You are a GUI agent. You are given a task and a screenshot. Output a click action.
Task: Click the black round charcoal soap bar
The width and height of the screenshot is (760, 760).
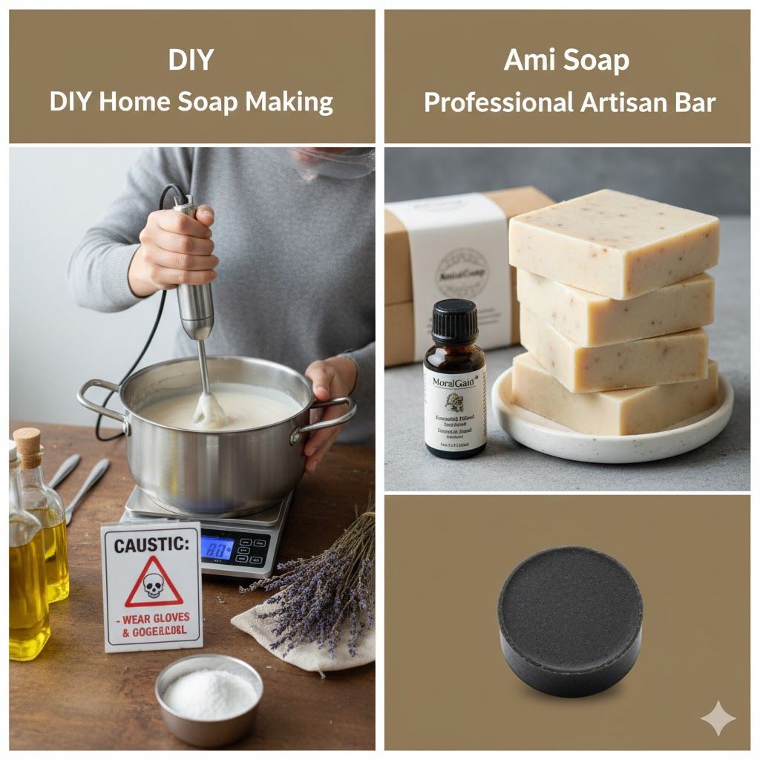click(569, 620)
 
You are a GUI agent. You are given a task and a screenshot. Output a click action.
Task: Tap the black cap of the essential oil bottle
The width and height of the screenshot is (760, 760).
click(454, 321)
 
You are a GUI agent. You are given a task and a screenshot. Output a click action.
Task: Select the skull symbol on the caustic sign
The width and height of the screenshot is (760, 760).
click(153, 586)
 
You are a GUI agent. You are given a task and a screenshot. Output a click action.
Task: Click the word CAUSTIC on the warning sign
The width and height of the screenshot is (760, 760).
click(151, 545)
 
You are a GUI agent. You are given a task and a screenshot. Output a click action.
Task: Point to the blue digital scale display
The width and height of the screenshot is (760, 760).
click(217, 548)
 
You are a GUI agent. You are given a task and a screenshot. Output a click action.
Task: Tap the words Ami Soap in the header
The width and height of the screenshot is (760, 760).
click(566, 60)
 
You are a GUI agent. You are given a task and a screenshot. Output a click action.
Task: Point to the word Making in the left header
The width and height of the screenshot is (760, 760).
click(293, 102)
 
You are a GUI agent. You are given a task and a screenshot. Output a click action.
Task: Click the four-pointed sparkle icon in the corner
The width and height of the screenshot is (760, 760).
click(718, 718)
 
